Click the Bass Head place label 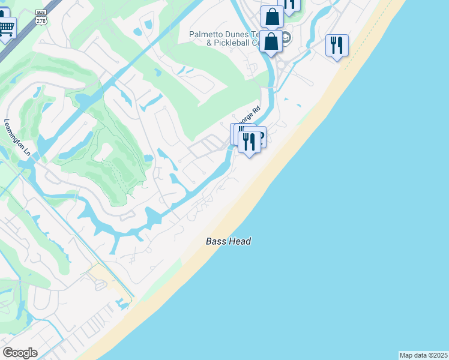pyautogui.click(x=228, y=241)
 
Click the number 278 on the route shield pyautogui.click(x=41, y=20)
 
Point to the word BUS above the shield pyautogui.click(x=41, y=12)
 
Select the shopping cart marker pyautogui.click(x=6, y=27)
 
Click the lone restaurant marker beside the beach pyautogui.click(x=337, y=46)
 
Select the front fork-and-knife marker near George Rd pyautogui.click(x=249, y=142)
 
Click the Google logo pyautogui.click(x=20, y=353)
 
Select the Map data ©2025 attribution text pyautogui.click(x=423, y=355)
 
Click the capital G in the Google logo pyautogui.click(x=8, y=353)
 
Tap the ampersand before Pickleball pyautogui.click(x=209, y=43)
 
